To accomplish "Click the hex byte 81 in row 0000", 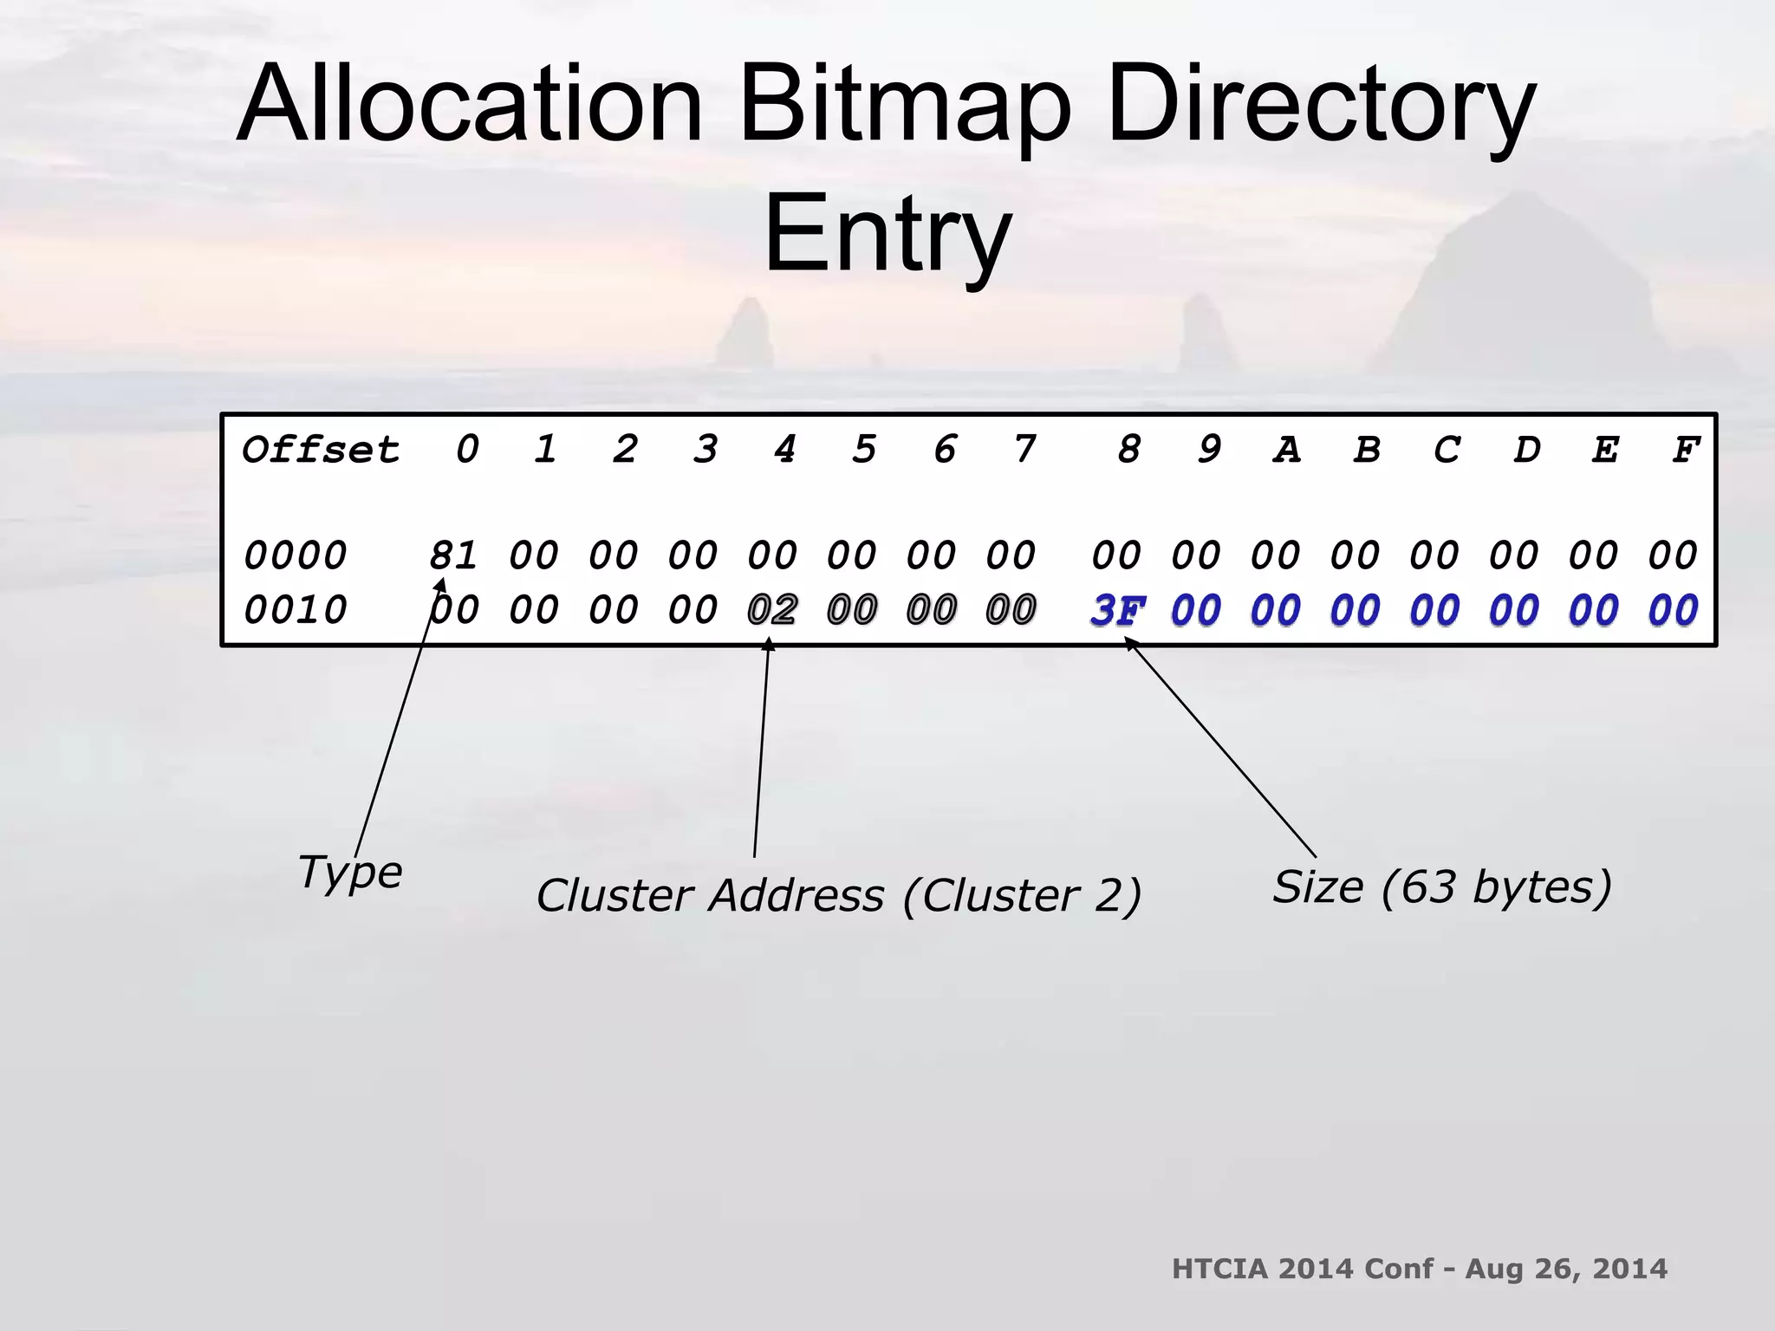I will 453,555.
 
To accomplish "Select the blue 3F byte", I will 1117,611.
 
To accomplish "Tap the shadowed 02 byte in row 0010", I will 772,611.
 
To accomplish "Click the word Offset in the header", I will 320,450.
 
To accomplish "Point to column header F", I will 1685,450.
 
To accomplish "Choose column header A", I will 1286,450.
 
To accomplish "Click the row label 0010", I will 295,611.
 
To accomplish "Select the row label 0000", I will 295,555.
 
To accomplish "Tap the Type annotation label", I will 349,872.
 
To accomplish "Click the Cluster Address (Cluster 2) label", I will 838,895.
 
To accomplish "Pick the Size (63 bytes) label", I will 1441,886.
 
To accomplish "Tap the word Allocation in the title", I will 468,106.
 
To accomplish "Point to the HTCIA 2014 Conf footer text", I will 1419,1269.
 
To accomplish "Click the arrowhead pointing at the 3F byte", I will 1129,642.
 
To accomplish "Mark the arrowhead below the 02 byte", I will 768,643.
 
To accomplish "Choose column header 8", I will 1128,450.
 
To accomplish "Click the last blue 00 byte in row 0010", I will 1673,611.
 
